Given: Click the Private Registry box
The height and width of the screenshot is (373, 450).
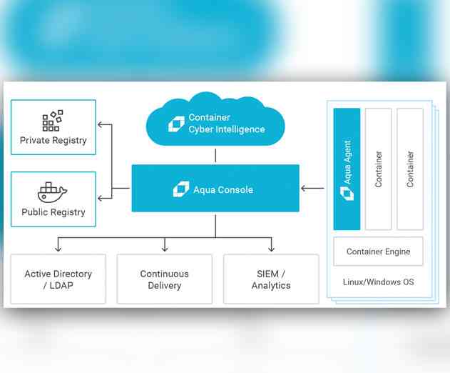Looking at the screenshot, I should [x=53, y=127].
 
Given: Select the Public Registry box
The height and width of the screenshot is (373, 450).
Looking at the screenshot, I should [x=53, y=199].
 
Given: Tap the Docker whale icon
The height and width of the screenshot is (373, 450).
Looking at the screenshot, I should [x=52, y=192].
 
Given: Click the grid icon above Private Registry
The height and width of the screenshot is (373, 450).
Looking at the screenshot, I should [x=52, y=120].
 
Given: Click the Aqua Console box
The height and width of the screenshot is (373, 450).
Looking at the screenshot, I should [x=215, y=189].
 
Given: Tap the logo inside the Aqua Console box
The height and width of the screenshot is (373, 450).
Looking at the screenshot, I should [x=180, y=189].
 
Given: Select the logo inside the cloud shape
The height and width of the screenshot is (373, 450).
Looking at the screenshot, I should [x=176, y=124].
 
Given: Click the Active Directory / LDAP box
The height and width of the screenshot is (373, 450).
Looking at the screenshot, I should [x=58, y=279].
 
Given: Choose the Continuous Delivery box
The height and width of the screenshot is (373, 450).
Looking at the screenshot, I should [x=165, y=279].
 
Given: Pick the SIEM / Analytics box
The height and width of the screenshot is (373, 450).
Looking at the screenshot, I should [x=271, y=279].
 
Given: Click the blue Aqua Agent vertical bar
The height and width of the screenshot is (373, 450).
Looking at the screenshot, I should [x=347, y=169].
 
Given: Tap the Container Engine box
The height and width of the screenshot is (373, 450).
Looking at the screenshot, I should [x=378, y=252].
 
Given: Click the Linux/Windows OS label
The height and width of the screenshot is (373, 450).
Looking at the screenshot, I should [x=379, y=282].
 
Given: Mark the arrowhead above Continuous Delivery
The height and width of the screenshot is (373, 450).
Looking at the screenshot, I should [x=165, y=249].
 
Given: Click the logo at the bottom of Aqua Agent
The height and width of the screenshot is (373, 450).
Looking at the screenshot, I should [x=347, y=194].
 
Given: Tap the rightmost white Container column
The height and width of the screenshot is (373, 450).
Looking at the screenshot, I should [x=410, y=169].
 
